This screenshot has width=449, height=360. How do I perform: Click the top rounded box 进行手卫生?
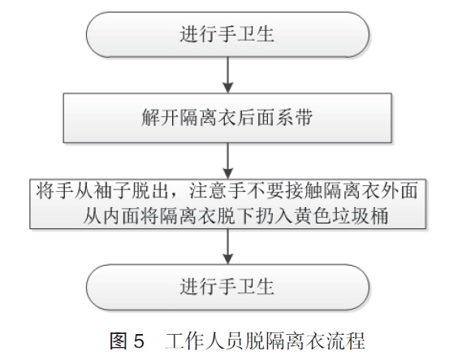[x=227, y=34]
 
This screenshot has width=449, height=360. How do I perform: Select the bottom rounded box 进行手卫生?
[x=227, y=287]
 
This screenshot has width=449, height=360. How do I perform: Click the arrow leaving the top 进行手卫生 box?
[x=227, y=75]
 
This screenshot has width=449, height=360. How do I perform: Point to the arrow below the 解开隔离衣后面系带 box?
[x=227, y=161]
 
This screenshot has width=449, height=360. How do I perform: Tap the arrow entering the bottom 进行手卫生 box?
[x=227, y=246]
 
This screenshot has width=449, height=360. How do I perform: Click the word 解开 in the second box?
[x=160, y=118]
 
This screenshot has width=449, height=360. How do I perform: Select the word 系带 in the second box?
[x=295, y=118]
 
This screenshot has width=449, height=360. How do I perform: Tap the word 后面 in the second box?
[x=257, y=118]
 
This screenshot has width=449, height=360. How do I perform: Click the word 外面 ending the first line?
[x=400, y=191]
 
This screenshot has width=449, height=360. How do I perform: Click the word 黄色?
[x=313, y=215]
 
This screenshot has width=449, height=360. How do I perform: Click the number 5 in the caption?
[x=139, y=341]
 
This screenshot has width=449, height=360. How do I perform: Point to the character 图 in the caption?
[x=119, y=341]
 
